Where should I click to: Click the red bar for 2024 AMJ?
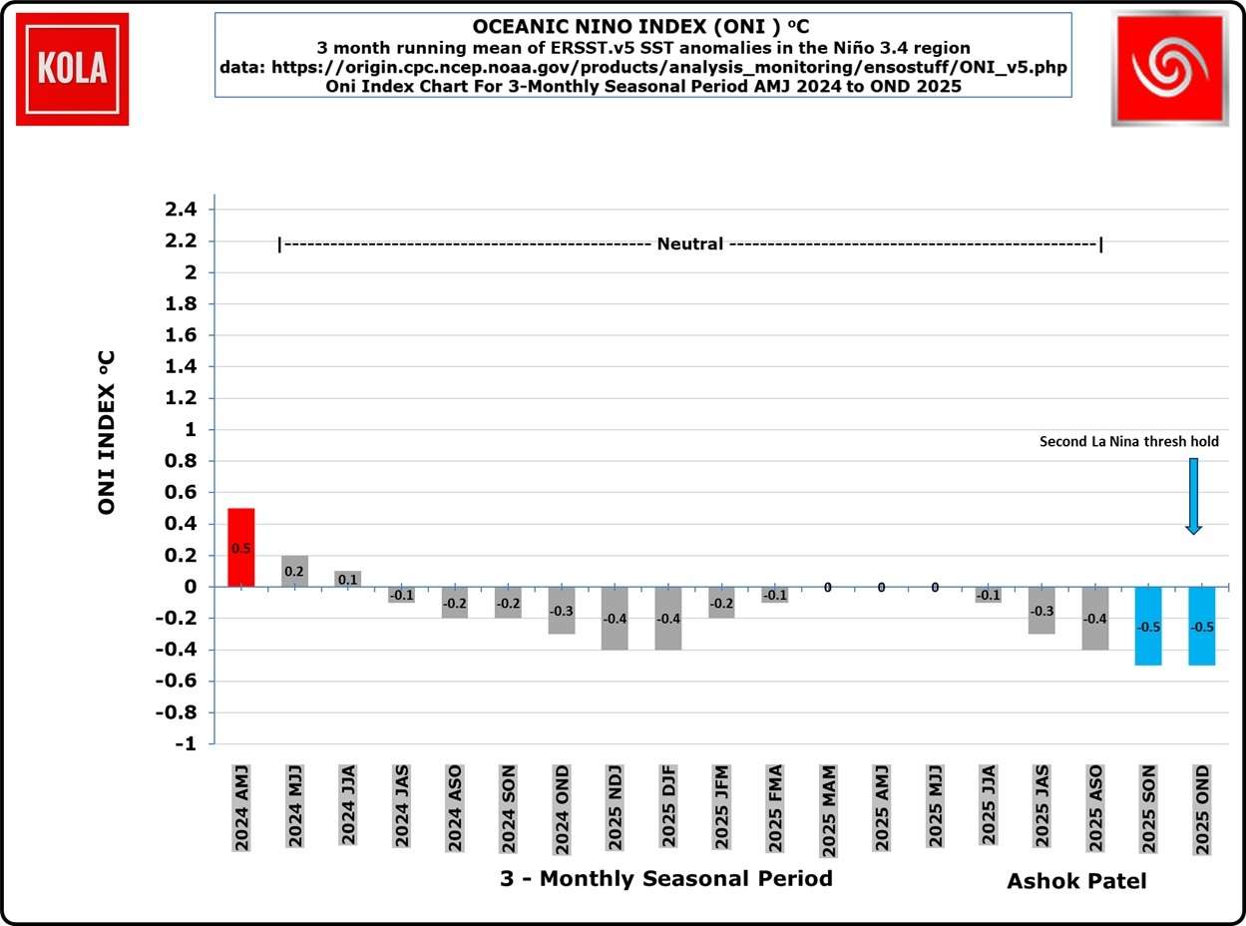(x=241, y=547)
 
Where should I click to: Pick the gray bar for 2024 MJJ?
(x=294, y=571)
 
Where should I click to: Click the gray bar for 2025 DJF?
(x=667, y=618)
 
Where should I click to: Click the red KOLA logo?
(x=72, y=69)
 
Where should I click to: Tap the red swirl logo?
(x=1169, y=69)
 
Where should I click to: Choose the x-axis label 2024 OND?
(x=560, y=808)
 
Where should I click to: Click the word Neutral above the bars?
(x=690, y=243)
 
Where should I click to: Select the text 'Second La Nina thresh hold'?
(x=1128, y=441)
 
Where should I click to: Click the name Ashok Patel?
(x=1076, y=881)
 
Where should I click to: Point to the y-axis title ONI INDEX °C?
(x=107, y=431)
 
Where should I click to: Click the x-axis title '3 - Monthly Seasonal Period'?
(x=665, y=879)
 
